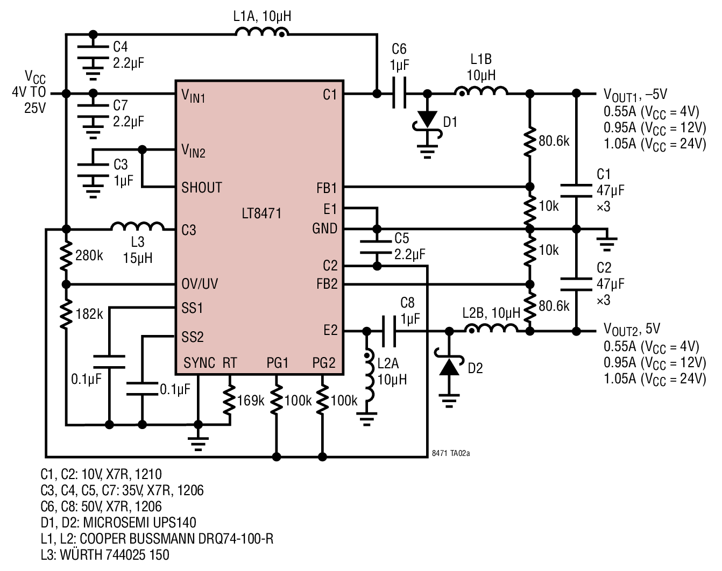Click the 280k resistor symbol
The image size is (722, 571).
point(66,256)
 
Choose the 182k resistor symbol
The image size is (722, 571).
point(66,314)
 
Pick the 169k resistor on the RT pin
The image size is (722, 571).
point(230,401)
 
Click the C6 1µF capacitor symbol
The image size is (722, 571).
point(399,94)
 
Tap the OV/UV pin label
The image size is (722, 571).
point(200,284)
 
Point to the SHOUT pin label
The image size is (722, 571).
point(201,188)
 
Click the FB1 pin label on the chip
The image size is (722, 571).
point(327,188)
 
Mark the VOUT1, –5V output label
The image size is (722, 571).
point(635,95)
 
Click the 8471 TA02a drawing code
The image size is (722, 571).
point(450,453)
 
